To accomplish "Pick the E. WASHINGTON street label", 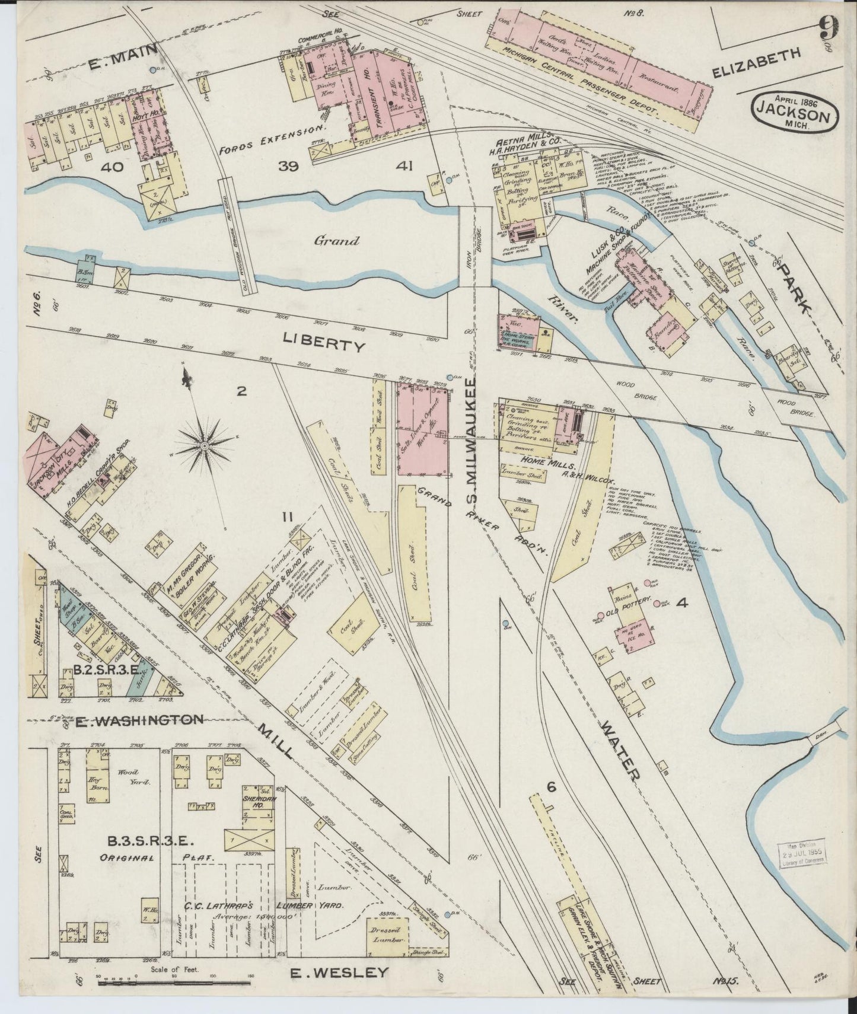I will click(139, 720).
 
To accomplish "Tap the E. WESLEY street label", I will click(340, 972).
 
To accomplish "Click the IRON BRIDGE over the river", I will click(476, 245).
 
